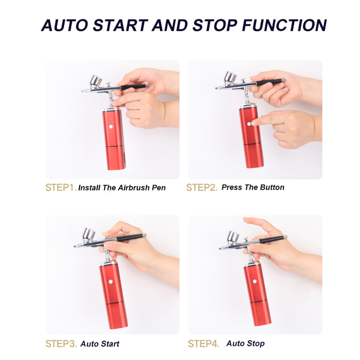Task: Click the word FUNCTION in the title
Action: point(284,25)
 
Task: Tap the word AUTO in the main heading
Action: point(64,25)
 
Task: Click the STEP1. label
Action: point(61,187)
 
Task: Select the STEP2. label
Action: point(201,187)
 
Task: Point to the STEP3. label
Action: point(61,344)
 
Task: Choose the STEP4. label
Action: point(203,344)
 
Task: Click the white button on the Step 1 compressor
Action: point(111,126)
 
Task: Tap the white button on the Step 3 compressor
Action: point(111,282)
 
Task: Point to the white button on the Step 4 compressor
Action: point(255,281)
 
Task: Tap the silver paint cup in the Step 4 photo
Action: point(233,238)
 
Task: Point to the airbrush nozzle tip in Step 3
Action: point(75,246)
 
